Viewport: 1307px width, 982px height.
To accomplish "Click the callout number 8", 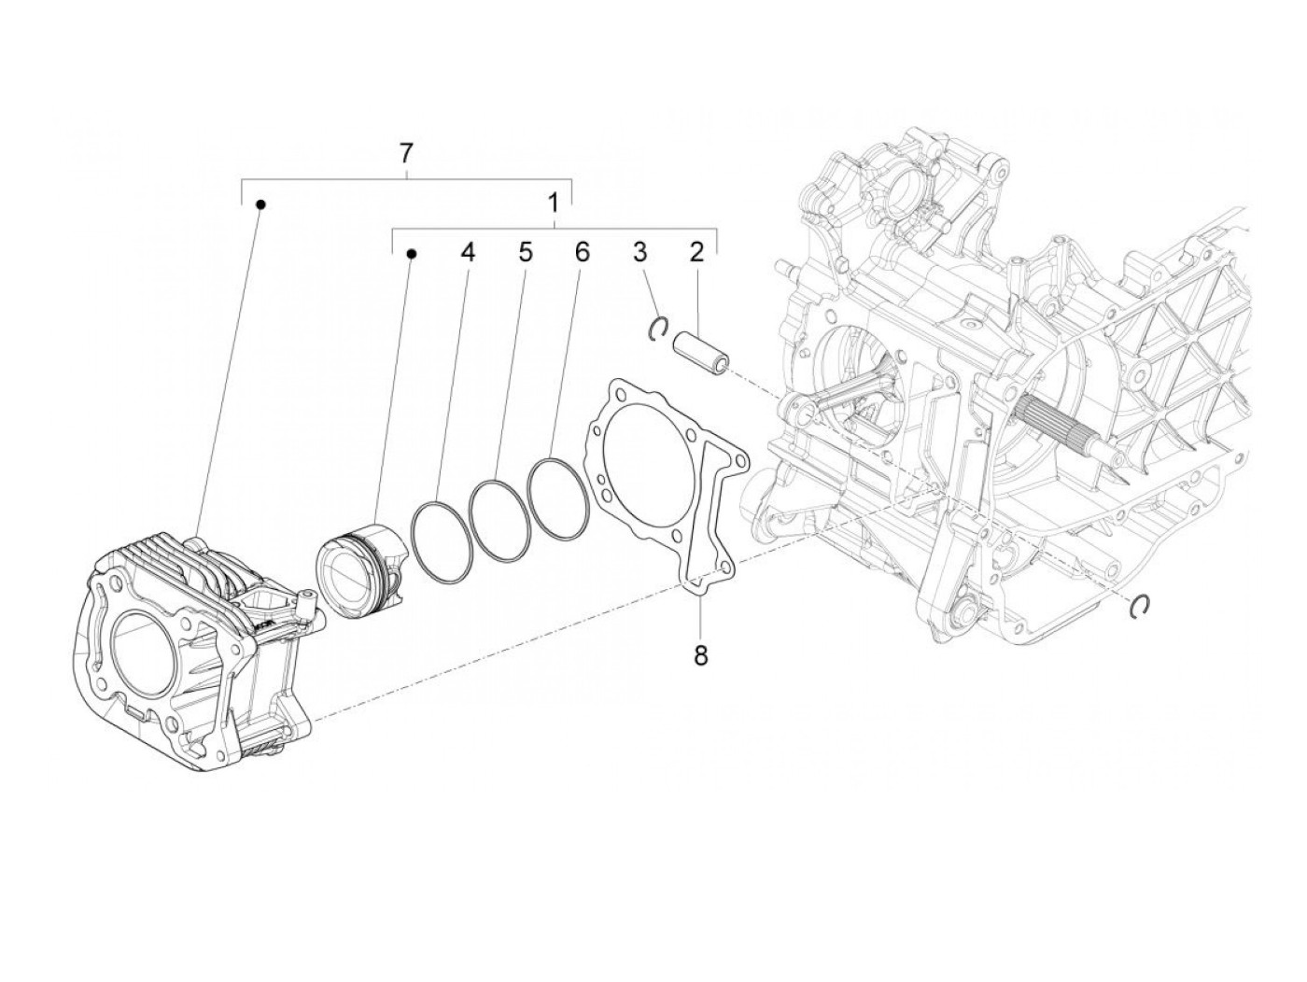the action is click(x=700, y=655).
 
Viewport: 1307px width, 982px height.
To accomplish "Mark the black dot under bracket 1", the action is click(x=411, y=252).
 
